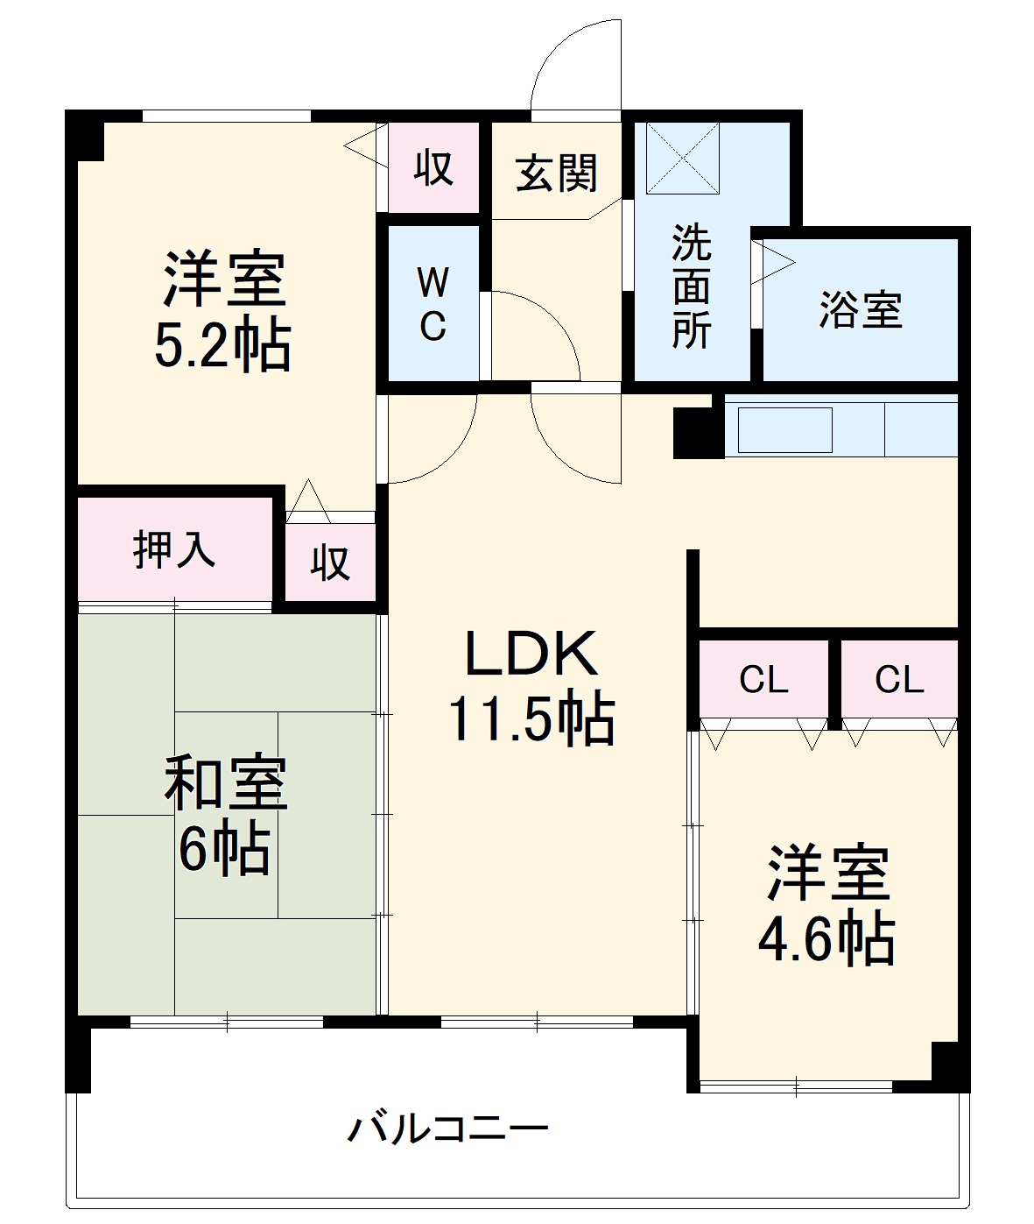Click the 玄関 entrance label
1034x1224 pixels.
[557, 173]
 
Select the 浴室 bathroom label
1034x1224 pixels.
[860, 309]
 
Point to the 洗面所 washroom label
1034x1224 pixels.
[691, 287]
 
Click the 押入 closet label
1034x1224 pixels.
[174, 549]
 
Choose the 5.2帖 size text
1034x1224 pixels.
[222, 345]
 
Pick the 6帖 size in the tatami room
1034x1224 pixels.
[224, 847]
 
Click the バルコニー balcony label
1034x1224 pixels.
[447, 1127]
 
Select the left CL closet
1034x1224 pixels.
[763, 679]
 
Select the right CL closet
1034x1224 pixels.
[899, 679]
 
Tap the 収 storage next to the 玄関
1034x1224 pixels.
[433, 166]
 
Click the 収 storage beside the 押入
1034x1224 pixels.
[330, 563]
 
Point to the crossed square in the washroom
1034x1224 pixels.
[682, 159]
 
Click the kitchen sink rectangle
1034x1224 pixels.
[784, 430]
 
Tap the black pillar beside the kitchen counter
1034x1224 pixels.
[698, 433]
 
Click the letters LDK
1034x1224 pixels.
[531, 654]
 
